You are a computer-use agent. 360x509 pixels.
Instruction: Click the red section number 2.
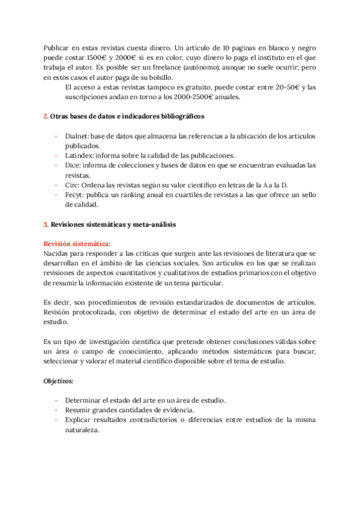tap(46, 116)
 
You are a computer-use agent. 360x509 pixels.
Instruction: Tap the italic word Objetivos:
tap(59, 381)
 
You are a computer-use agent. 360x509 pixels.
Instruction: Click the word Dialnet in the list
tap(77, 136)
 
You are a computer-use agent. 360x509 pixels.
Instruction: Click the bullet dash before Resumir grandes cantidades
tap(56, 410)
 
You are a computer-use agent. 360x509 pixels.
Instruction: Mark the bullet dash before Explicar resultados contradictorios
tap(56, 420)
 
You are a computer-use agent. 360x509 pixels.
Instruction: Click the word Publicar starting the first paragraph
tap(58, 47)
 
